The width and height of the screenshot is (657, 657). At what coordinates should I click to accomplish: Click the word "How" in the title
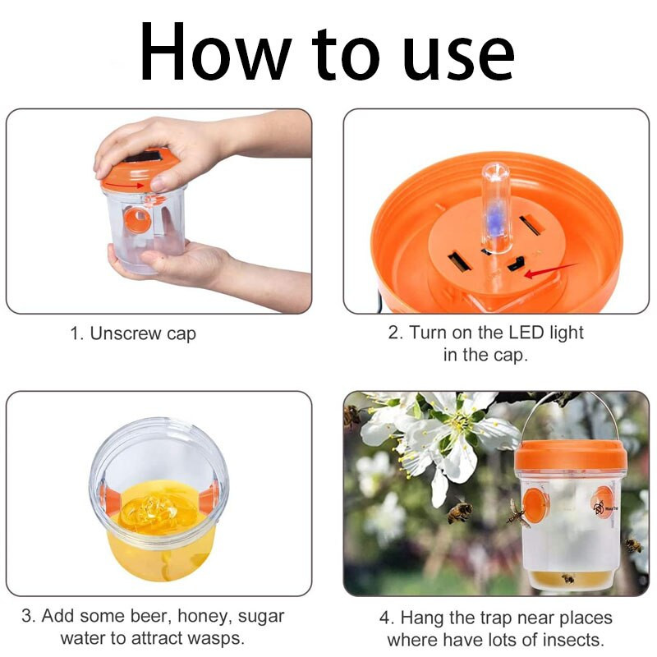[x=216, y=51]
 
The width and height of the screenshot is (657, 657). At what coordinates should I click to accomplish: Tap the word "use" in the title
[x=460, y=58]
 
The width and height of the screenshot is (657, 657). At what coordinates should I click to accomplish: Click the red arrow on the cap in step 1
[x=124, y=184]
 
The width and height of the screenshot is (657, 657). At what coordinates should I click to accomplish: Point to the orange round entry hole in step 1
[x=137, y=220]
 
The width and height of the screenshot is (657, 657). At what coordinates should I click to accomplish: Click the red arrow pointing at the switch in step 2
[x=550, y=270]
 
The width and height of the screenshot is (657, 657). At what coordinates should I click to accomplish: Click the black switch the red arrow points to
[x=517, y=264]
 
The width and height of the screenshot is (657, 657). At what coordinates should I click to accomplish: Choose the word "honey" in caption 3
[x=204, y=617]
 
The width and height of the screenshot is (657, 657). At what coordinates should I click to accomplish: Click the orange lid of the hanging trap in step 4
[x=571, y=456]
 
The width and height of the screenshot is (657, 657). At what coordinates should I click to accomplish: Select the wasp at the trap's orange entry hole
[x=516, y=514]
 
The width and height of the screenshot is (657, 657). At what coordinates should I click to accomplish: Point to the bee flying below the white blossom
[x=459, y=511]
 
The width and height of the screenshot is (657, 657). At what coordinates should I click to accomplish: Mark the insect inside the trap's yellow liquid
[x=567, y=579]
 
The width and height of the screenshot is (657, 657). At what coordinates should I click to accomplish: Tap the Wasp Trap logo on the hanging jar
[x=604, y=508]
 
